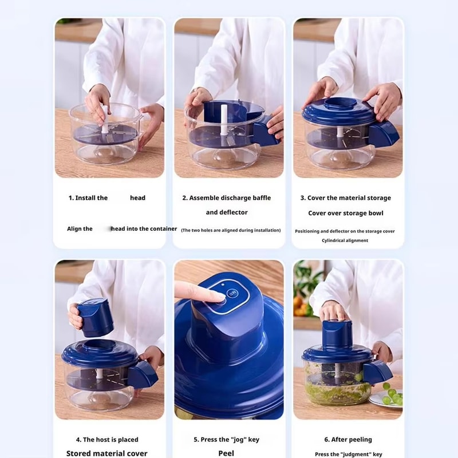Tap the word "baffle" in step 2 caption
pyautogui.click(x=257, y=198)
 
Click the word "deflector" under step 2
pyautogui.click(x=233, y=212)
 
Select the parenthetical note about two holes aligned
pyautogui.click(x=231, y=230)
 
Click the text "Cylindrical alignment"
pyautogui.click(x=345, y=240)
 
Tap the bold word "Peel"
pyautogui.click(x=226, y=453)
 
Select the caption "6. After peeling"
pyautogui.click(x=348, y=440)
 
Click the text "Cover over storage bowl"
pyautogui.click(x=345, y=213)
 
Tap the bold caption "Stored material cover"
pyautogui.click(x=106, y=453)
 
